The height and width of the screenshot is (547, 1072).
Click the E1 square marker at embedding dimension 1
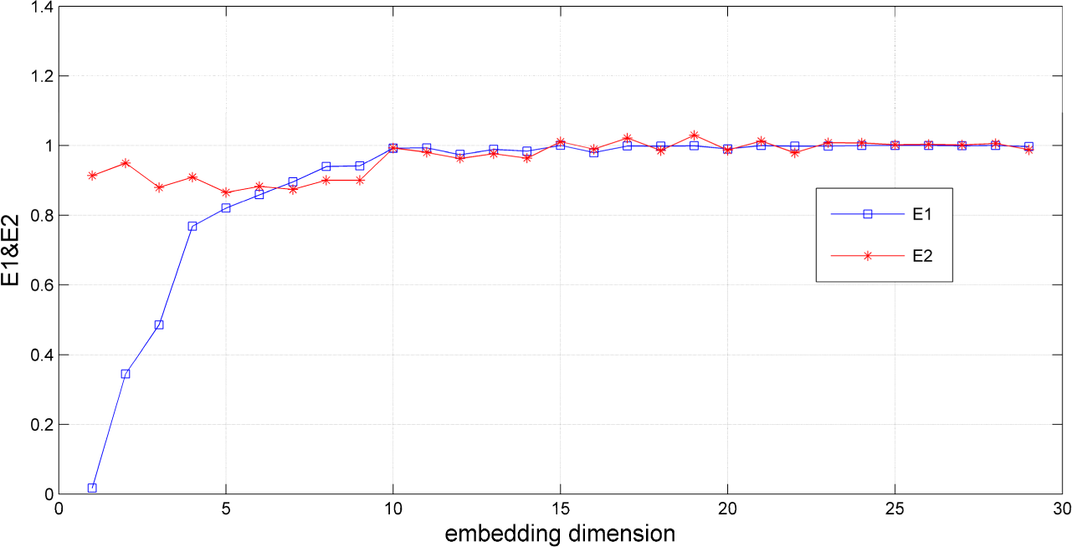click(x=92, y=488)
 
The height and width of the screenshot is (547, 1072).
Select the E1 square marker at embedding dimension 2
click(x=126, y=374)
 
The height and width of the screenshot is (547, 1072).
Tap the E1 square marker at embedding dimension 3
click(x=159, y=325)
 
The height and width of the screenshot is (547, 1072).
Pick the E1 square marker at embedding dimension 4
click(x=192, y=226)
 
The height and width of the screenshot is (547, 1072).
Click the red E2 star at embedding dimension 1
click(x=92, y=176)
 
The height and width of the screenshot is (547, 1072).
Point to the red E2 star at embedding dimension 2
click(x=126, y=163)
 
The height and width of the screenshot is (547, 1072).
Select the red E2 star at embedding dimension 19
click(x=694, y=135)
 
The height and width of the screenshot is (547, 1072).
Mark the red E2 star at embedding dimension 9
click(x=360, y=180)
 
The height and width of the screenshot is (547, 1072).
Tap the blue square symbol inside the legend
click(x=868, y=214)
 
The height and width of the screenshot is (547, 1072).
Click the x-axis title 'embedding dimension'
click(x=560, y=532)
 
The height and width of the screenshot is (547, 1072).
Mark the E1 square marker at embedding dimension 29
click(x=1028, y=146)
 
